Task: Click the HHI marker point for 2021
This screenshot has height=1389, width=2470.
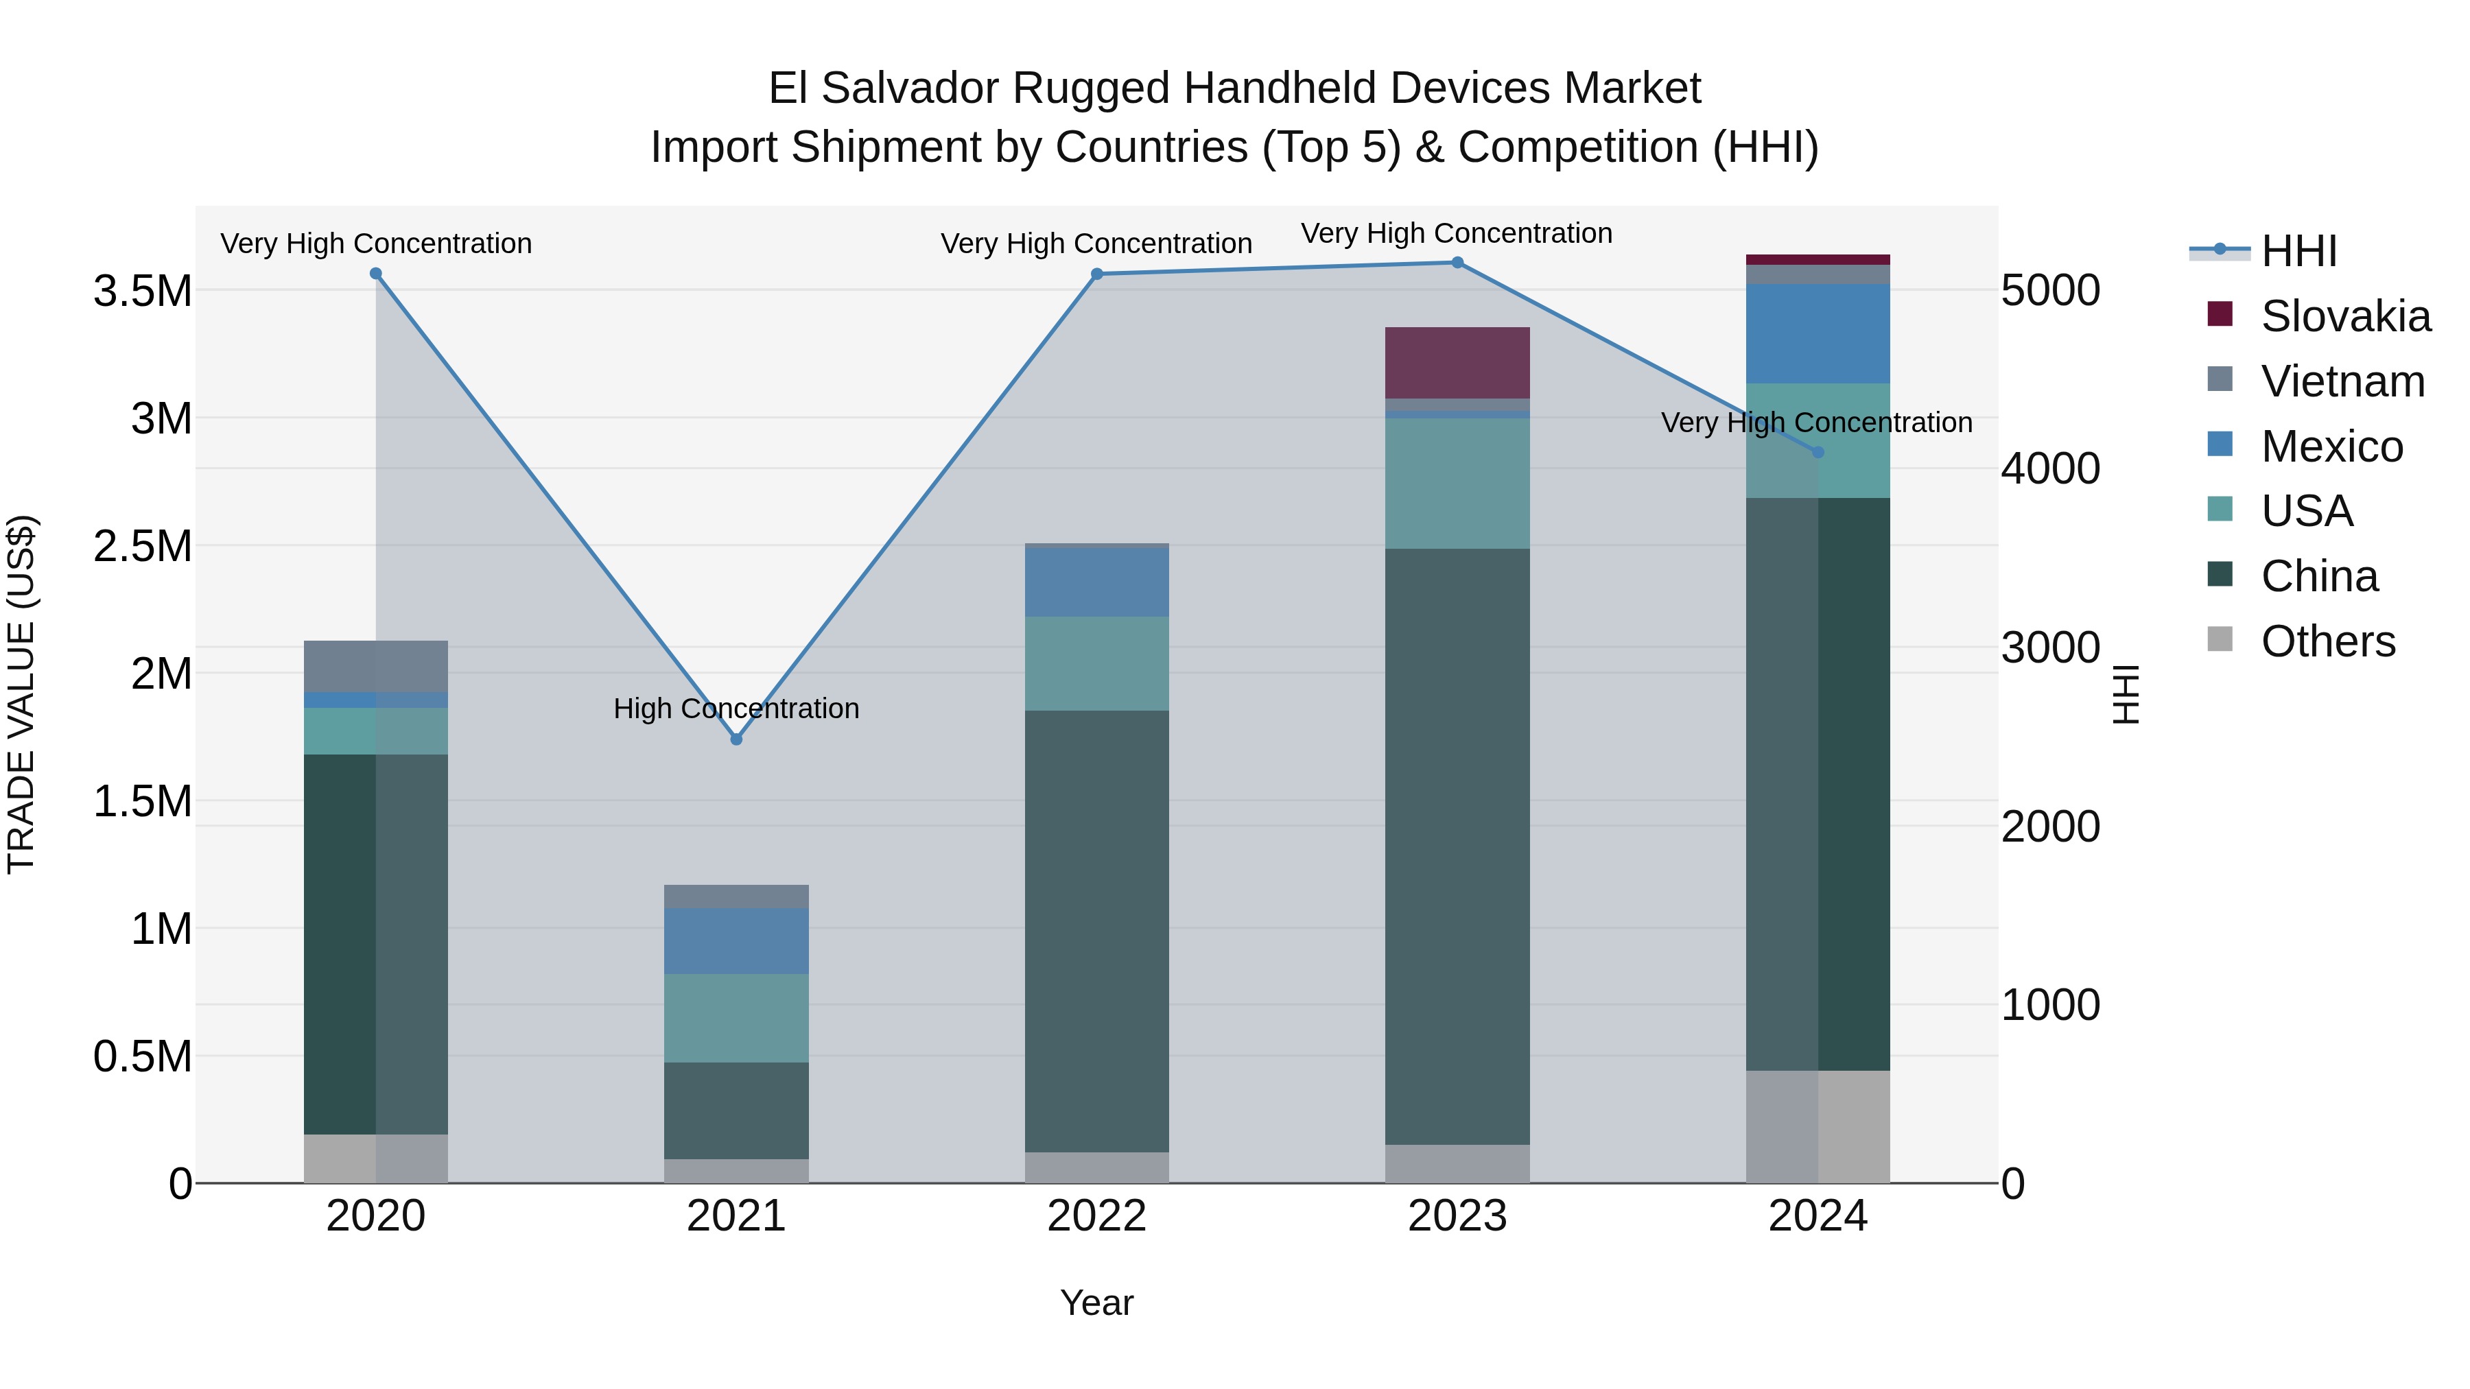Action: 736,739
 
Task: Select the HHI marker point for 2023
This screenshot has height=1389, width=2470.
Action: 1457,263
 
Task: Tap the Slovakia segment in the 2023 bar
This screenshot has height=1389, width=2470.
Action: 1457,362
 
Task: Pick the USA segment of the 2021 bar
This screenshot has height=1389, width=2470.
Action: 736,1017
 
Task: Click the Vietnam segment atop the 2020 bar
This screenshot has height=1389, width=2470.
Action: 376,666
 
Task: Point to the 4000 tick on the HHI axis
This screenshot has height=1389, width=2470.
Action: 2050,468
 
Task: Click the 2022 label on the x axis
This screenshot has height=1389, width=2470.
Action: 1097,1216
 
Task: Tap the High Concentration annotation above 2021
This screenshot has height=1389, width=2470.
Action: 736,709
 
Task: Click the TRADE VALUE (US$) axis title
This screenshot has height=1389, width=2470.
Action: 22,694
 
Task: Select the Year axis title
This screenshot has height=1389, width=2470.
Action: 1097,1303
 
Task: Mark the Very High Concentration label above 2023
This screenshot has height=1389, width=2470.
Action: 1457,233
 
